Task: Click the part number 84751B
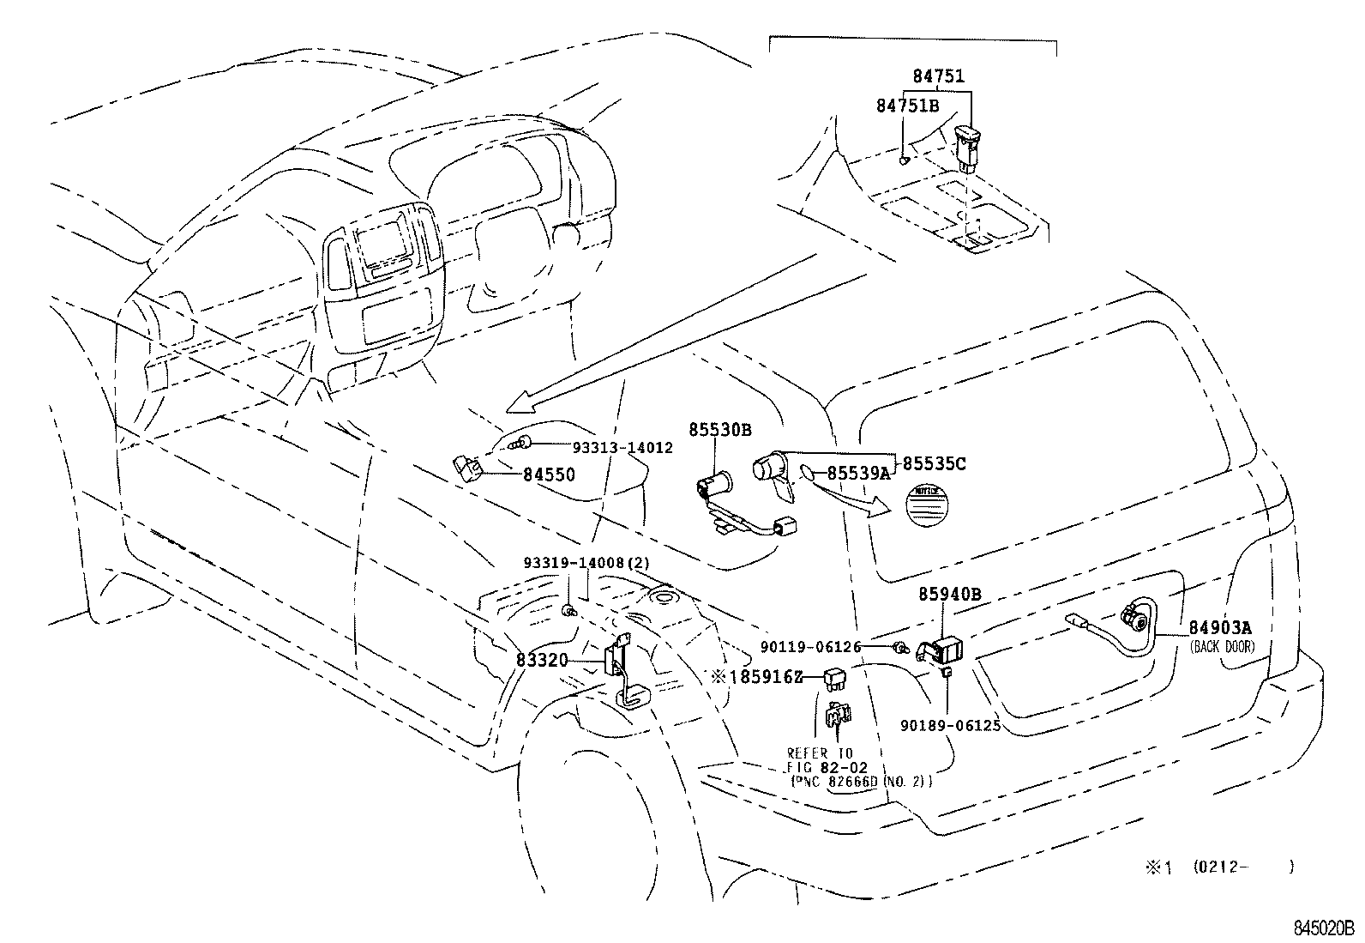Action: click(x=907, y=105)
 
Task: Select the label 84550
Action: click(x=549, y=475)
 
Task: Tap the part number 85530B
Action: click(x=720, y=429)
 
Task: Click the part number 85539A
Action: click(x=858, y=473)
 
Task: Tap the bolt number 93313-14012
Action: click(x=622, y=448)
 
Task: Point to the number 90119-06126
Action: click(x=811, y=646)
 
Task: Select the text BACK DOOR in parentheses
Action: click(x=1222, y=646)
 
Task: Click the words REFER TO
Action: click(x=821, y=753)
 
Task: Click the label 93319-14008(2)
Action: click(x=587, y=563)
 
